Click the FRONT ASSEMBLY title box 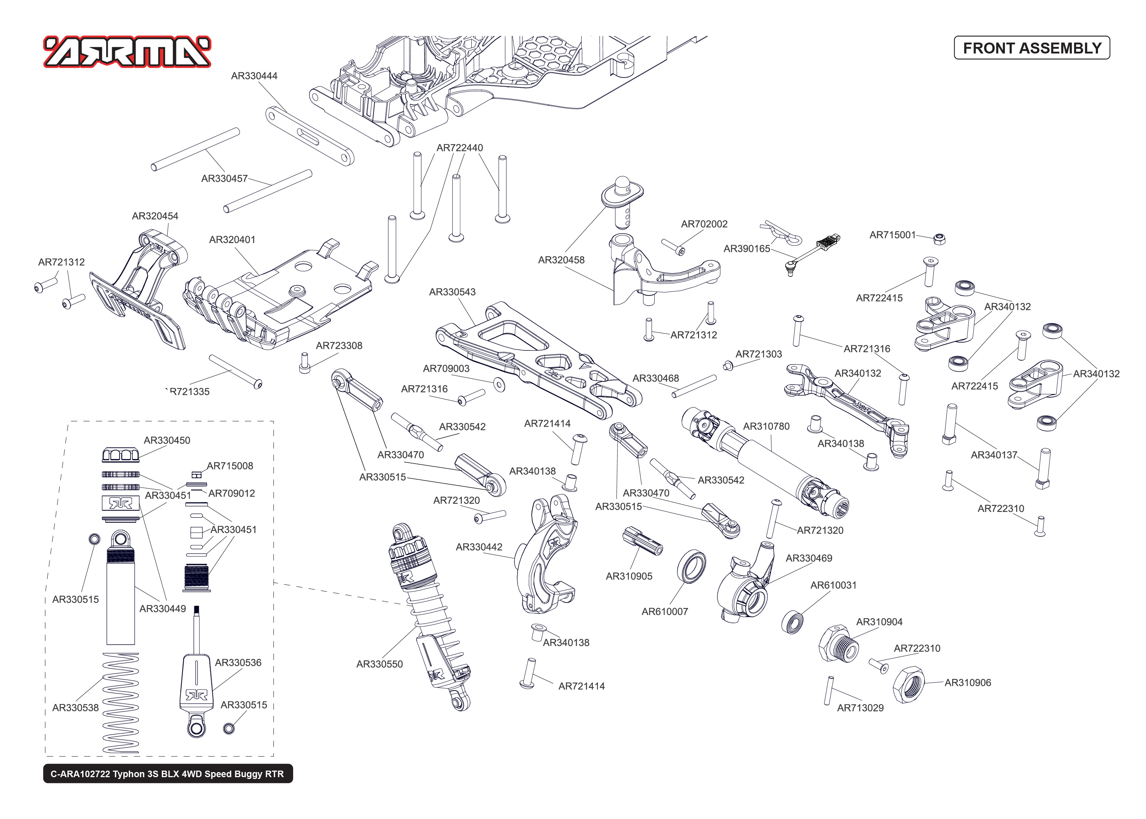coord(1031,48)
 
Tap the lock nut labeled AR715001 coord(939,239)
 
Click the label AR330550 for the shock coord(379,664)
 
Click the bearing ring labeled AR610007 coord(691,567)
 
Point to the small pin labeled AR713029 coord(827,691)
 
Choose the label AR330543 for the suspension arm coord(452,293)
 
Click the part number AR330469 coord(808,558)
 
